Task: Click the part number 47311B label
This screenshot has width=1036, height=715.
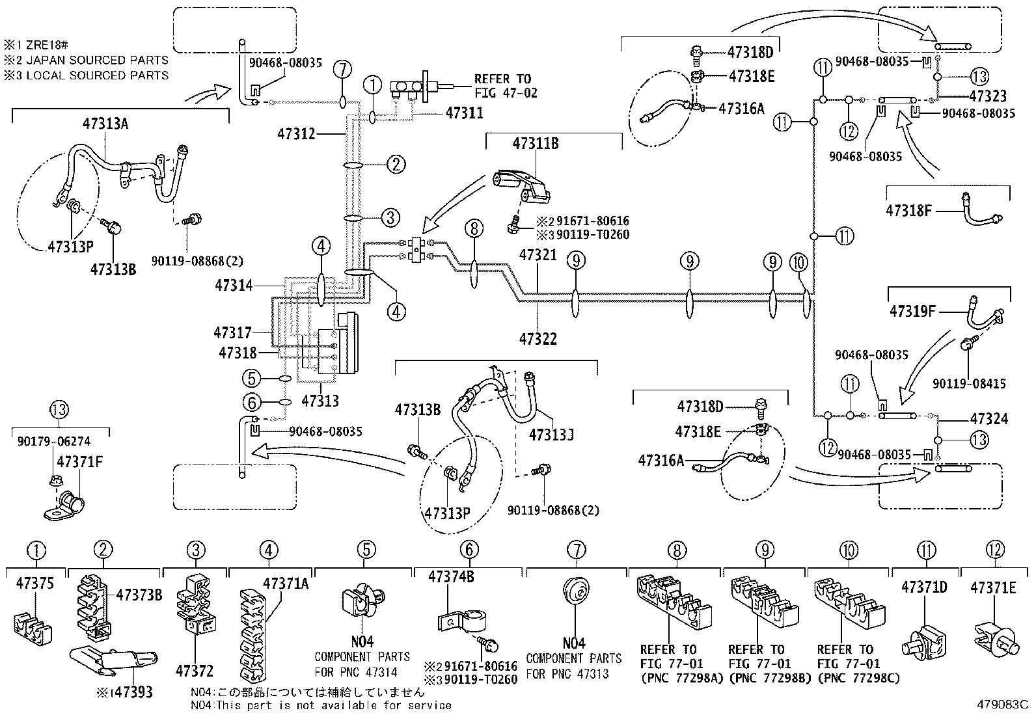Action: pyautogui.click(x=535, y=144)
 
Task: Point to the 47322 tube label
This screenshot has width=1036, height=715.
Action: pyautogui.click(x=538, y=338)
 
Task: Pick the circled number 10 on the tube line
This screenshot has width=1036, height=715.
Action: pyautogui.click(x=800, y=262)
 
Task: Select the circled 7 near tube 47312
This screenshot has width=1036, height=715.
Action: pyautogui.click(x=342, y=69)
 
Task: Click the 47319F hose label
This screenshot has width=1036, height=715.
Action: pyautogui.click(x=912, y=312)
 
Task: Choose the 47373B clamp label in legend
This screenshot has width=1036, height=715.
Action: pyautogui.click(x=139, y=595)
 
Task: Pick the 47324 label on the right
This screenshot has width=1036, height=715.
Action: pyautogui.click(x=988, y=418)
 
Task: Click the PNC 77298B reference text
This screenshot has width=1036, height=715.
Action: pyautogui.click(x=759, y=679)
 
